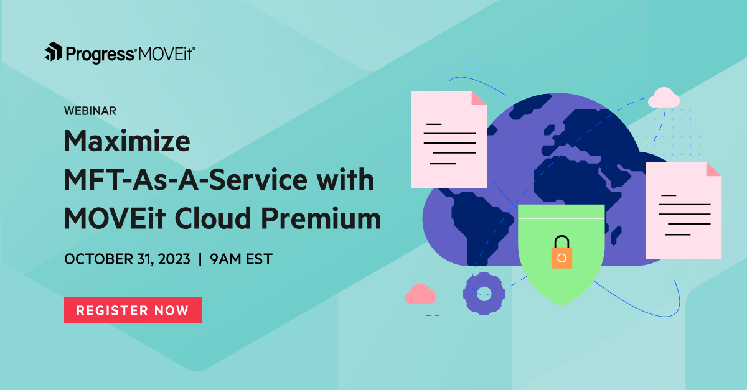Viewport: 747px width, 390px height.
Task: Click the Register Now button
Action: (133, 310)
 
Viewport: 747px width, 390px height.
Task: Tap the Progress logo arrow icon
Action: (52, 52)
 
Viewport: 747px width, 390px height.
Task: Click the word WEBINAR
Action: (90, 111)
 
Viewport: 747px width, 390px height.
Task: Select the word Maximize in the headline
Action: (127, 143)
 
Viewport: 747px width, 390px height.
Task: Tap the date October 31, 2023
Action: (127, 259)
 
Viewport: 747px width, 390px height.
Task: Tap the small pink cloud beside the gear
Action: (420, 294)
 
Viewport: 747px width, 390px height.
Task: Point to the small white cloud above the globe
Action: (664, 98)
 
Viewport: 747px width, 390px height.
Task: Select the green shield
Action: (561, 274)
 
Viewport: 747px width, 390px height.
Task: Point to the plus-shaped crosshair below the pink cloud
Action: (433, 316)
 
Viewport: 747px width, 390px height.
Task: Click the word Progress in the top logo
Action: (100, 54)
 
